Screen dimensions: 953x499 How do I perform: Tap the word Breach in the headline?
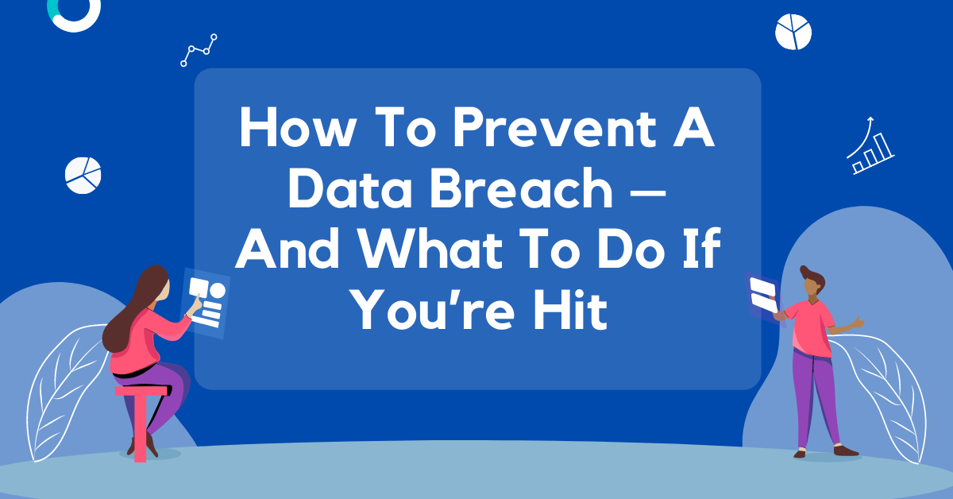pos(522,188)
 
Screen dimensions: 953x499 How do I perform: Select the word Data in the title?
pos(349,188)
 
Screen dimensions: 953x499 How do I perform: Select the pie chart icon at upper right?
pos(793,32)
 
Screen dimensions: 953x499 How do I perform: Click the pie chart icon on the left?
pos(83,175)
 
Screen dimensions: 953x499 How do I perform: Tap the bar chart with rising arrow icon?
pos(870,147)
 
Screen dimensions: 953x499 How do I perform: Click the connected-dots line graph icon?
pos(199,50)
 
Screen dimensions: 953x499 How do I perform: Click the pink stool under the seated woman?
pos(141,421)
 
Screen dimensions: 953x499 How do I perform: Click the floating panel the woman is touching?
pos(206,304)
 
